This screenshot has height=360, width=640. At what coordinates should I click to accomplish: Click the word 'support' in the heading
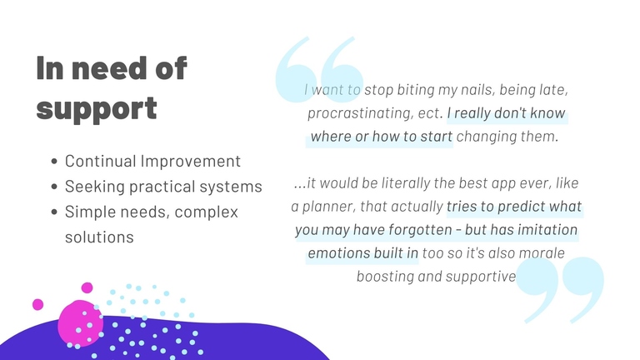[97, 108]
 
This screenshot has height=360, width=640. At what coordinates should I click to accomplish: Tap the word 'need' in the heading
[109, 67]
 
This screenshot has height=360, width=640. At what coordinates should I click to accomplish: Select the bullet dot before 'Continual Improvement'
[54, 162]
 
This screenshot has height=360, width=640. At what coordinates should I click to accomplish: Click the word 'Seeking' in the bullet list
[95, 187]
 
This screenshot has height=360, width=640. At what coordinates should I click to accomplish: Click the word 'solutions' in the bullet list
[99, 237]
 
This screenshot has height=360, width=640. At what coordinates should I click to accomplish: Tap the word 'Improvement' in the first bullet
[190, 162]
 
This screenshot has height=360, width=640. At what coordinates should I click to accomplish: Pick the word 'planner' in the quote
[328, 207]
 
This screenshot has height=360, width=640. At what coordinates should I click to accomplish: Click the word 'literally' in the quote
[406, 182]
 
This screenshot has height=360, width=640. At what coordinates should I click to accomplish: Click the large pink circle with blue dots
[80, 323]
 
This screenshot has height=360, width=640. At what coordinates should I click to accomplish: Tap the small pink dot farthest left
[38, 304]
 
